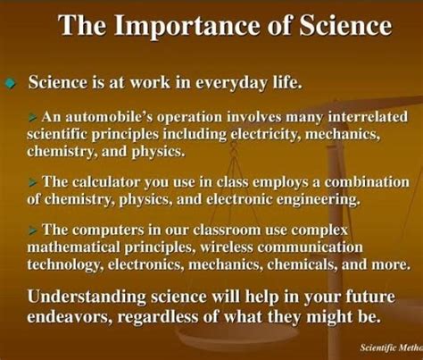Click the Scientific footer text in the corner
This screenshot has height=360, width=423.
369,346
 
